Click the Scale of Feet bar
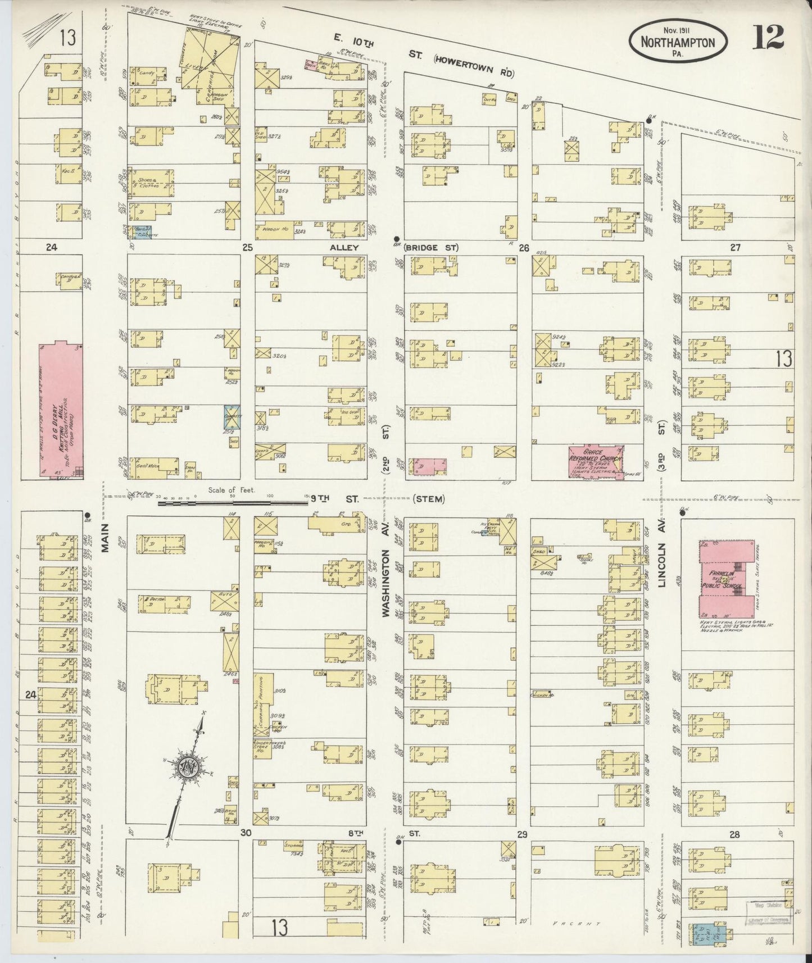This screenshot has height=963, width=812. click(233, 503)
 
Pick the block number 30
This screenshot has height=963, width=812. click(246, 833)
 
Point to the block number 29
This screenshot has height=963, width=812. click(522, 834)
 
